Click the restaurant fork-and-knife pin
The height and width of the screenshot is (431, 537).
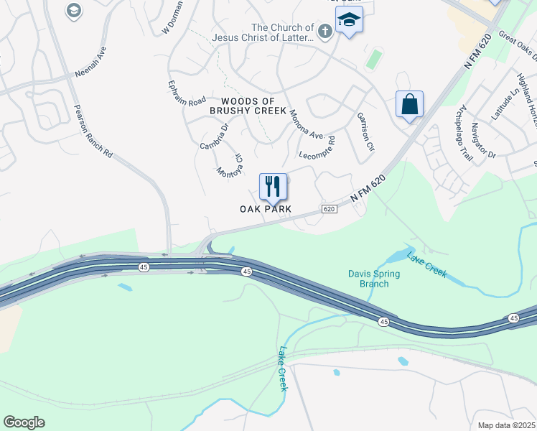coord(273,187)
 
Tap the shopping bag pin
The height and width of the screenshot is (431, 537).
coord(409,104)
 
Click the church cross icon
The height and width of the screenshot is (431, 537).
coord(324,30)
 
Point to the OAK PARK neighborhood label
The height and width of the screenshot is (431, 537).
coord(266,209)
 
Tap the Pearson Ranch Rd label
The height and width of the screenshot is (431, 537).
coord(94,131)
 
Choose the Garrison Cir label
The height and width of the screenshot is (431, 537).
coord(366,131)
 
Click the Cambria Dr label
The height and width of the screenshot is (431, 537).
coord(214,135)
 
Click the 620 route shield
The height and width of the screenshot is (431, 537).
coord(329,209)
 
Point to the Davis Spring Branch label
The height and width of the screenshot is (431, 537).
coord(368,278)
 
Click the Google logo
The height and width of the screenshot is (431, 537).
coord(24,422)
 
